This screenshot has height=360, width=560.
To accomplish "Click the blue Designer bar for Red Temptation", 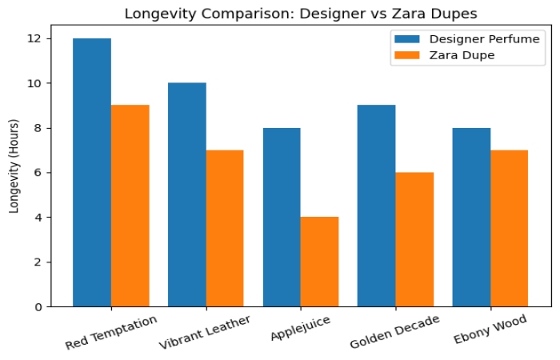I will [92, 172].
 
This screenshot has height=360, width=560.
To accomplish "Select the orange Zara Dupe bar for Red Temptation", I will [130, 206].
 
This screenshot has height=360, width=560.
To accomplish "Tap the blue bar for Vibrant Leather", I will [187, 194].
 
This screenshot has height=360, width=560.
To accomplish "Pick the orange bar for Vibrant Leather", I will [225, 228].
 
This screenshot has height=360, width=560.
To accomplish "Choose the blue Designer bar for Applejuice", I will [282, 217].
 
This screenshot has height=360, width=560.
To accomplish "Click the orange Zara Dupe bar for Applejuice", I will [319, 262].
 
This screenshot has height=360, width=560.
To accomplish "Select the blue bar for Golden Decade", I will [377, 206].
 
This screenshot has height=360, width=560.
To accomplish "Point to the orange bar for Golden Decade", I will [414, 239].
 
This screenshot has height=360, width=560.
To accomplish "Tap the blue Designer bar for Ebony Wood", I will [471, 217].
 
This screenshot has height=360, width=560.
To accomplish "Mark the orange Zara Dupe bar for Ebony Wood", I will [509, 228].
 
